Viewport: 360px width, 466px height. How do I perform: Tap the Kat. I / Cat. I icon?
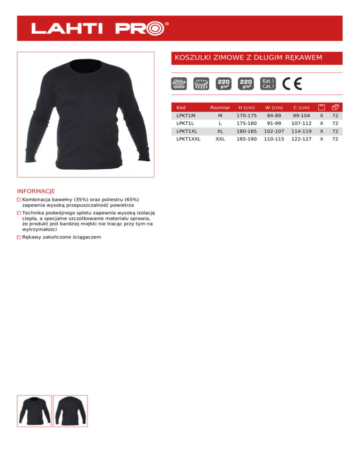click(x=268, y=83)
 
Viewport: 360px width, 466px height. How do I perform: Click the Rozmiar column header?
click(x=220, y=108)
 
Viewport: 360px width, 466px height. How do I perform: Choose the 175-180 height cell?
click(x=247, y=123)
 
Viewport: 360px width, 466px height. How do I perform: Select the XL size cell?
click(x=220, y=131)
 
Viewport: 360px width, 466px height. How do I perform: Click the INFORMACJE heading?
click(x=36, y=191)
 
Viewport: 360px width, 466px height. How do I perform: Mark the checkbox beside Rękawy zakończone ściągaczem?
click(x=19, y=238)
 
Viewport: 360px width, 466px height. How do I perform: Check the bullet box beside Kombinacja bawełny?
click(x=19, y=200)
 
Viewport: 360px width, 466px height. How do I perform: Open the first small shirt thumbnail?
click(x=34, y=411)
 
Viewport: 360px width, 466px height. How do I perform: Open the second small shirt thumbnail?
click(x=70, y=411)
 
